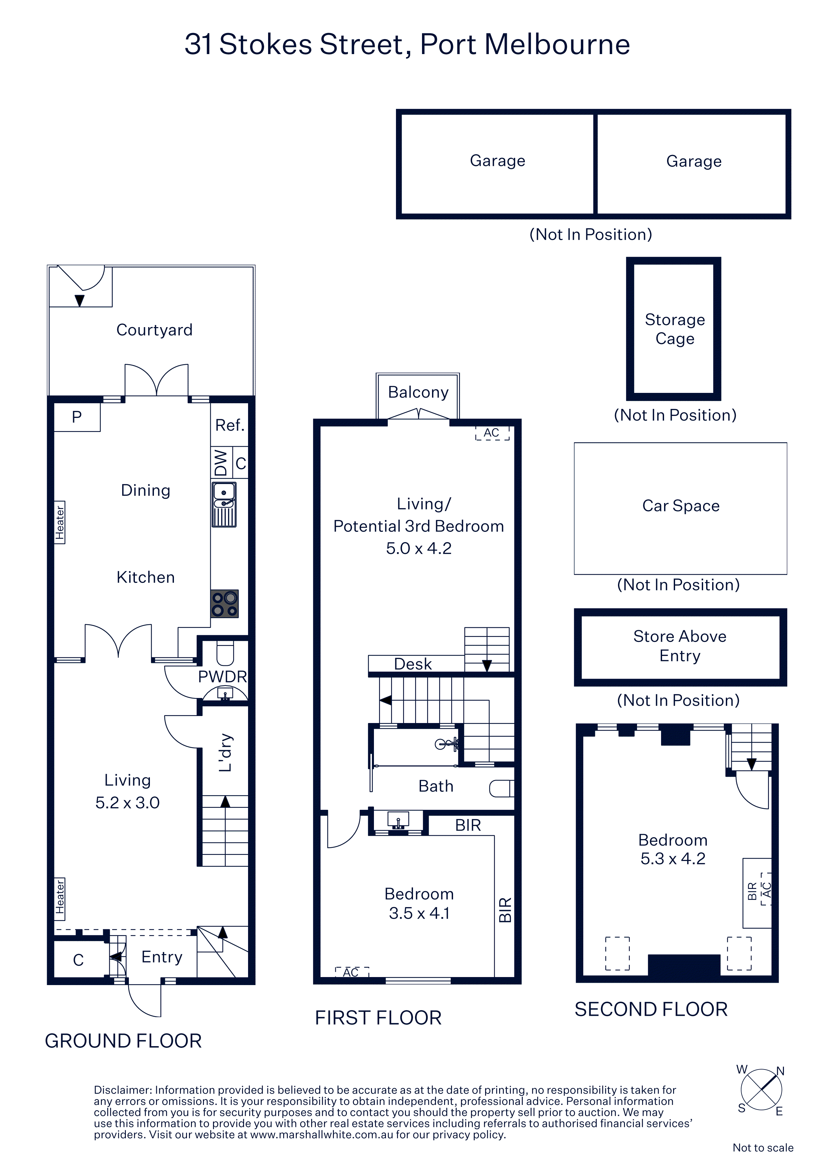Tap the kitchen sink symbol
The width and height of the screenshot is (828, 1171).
(x=224, y=504)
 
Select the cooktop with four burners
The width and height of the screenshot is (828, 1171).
(x=224, y=604)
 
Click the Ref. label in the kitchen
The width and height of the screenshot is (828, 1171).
(x=230, y=425)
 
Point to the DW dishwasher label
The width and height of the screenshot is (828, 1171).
(x=221, y=463)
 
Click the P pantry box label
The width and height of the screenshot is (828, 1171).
(x=76, y=417)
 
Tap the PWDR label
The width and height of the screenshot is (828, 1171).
(x=222, y=677)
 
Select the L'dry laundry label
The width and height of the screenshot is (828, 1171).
(x=225, y=753)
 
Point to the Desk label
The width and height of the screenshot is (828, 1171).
(x=413, y=664)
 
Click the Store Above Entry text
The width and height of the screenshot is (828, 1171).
(x=679, y=646)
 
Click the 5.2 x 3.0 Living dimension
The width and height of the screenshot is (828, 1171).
(x=128, y=803)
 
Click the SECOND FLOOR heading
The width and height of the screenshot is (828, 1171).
(x=651, y=1009)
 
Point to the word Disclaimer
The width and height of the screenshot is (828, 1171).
(x=123, y=1090)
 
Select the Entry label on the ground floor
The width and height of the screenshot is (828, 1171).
(x=162, y=957)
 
